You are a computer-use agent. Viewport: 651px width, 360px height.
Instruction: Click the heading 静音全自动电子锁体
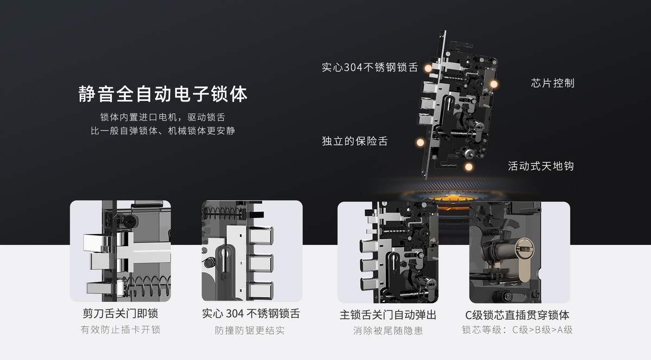[163, 94]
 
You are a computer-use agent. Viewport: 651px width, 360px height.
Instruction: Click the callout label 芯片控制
[552, 83]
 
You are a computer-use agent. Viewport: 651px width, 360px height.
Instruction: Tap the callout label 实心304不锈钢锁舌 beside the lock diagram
[369, 68]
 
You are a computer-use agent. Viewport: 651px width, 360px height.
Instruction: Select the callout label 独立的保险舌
[355, 141]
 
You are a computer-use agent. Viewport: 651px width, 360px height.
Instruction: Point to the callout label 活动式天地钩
[540, 165]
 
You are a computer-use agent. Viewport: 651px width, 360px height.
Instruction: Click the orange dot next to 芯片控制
[494, 83]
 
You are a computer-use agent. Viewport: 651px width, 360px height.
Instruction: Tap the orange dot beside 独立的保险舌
[419, 142]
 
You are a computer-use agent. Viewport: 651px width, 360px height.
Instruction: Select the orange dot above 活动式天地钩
[469, 153]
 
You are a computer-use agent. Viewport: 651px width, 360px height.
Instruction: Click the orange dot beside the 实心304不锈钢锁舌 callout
[428, 68]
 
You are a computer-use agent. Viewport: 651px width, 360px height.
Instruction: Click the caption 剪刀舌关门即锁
[120, 314]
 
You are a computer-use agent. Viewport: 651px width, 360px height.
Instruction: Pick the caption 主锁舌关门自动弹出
[387, 315]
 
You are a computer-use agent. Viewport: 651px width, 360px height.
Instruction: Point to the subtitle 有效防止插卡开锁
[120, 330]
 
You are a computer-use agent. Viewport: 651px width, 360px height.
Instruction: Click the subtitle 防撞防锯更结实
[250, 330]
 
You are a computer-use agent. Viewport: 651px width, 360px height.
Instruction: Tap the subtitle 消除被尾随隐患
[387, 330]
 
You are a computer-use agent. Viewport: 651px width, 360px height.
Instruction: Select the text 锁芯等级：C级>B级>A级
[517, 330]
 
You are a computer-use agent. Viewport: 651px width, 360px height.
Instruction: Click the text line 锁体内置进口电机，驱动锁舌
[163, 117]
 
